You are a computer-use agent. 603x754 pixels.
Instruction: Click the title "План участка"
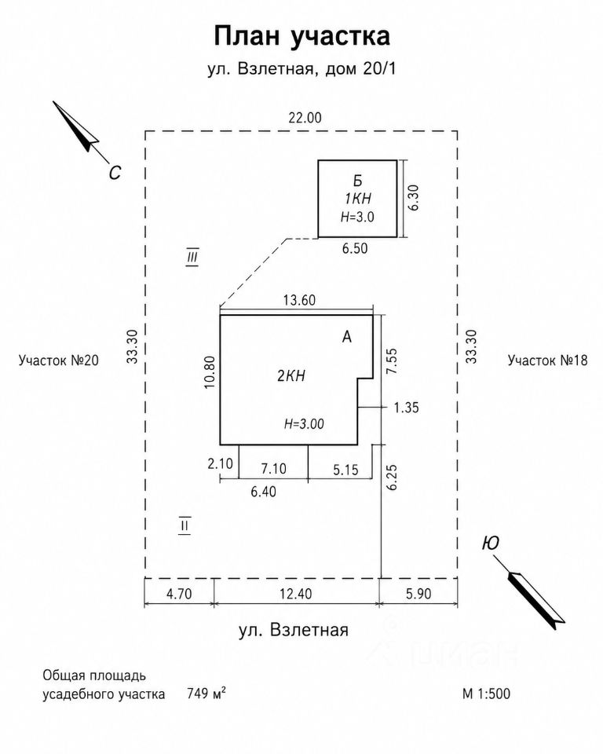point(301,37)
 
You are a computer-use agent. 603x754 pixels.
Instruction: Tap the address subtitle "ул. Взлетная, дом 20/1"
point(301,69)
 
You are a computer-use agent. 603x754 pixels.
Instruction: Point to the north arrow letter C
point(115,172)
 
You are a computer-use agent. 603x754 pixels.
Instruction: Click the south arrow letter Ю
point(490,543)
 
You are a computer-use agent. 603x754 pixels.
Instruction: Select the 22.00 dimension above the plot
point(305,117)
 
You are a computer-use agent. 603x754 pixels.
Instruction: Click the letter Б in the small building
point(357,181)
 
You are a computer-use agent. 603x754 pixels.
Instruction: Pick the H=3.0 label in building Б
point(357,217)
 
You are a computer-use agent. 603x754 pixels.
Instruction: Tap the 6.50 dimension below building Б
point(355,248)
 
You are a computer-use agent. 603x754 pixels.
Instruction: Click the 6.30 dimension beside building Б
point(413,197)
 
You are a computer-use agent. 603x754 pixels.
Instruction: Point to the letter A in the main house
point(347,337)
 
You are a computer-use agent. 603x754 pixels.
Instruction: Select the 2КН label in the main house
point(291,375)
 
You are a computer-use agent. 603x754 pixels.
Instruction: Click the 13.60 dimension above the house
point(299,300)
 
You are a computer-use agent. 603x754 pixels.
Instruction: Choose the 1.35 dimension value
point(407,408)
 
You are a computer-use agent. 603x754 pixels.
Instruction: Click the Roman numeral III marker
point(192,258)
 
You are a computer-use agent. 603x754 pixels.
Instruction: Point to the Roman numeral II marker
point(185,525)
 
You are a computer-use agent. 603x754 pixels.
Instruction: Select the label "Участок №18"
point(548,361)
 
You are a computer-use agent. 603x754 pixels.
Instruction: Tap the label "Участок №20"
point(59,361)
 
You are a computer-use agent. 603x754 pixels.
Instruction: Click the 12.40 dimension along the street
point(296,594)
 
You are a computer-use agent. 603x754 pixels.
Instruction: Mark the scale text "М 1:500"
point(486,694)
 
